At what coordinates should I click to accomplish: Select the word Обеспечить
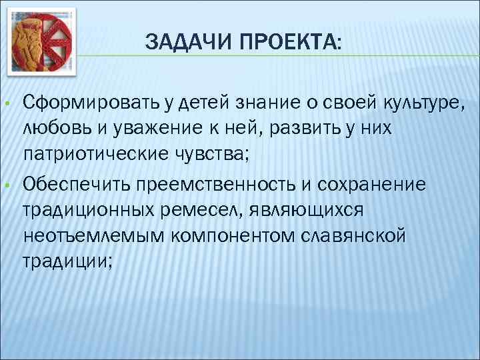pos(78,183)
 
